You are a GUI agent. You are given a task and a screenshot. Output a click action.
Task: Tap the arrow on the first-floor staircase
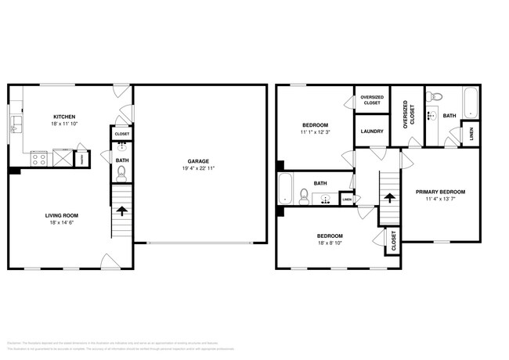click(121, 210)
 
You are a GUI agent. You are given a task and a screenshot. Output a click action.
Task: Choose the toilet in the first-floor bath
click(121, 174)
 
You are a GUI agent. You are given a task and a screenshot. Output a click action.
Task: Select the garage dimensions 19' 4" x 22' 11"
click(197, 168)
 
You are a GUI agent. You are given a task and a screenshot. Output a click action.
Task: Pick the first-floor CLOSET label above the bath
click(121, 134)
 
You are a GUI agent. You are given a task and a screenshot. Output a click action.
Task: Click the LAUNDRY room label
click(372, 131)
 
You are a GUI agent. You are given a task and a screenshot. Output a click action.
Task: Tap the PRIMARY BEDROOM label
click(440, 192)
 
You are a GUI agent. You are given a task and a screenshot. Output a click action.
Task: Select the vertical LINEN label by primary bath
click(471, 135)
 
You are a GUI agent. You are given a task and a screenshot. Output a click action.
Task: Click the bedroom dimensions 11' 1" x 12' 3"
click(316, 132)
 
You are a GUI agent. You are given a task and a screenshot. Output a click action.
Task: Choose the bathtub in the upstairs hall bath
click(286, 189)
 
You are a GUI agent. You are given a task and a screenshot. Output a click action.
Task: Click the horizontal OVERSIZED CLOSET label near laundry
click(371, 99)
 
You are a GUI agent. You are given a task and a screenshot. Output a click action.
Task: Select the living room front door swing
click(110, 261)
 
